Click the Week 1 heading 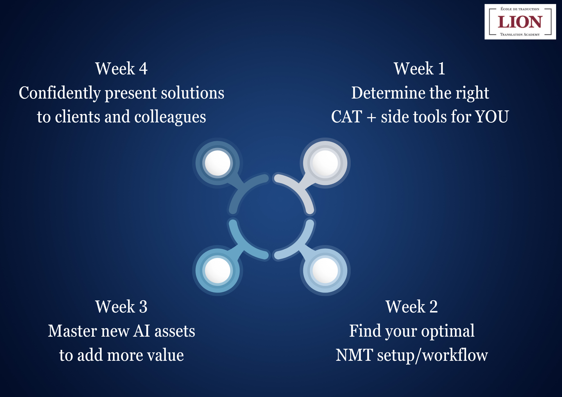click(420, 69)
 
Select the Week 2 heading click(412, 306)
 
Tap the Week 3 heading click(121, 306)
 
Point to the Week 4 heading click(121, 69)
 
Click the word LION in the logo click(520, 22)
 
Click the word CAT click(346, 117)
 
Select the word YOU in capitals click(492, 117)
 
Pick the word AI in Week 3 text click(142, 331)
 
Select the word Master click(72, 331)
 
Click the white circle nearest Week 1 click(325, 163)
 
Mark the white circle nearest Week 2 click(325, 270)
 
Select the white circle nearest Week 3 click(217, 270)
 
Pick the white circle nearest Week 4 click(217, 163)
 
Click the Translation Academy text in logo click(520, 35)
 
